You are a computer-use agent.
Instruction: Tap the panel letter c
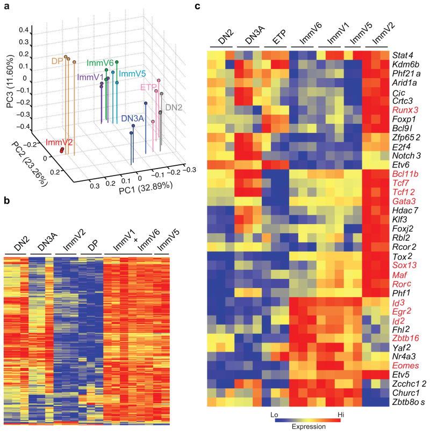pos(198,6)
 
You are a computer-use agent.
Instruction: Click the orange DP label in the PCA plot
pos(57,60)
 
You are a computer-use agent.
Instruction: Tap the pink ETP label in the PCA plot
pos(148,87)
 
